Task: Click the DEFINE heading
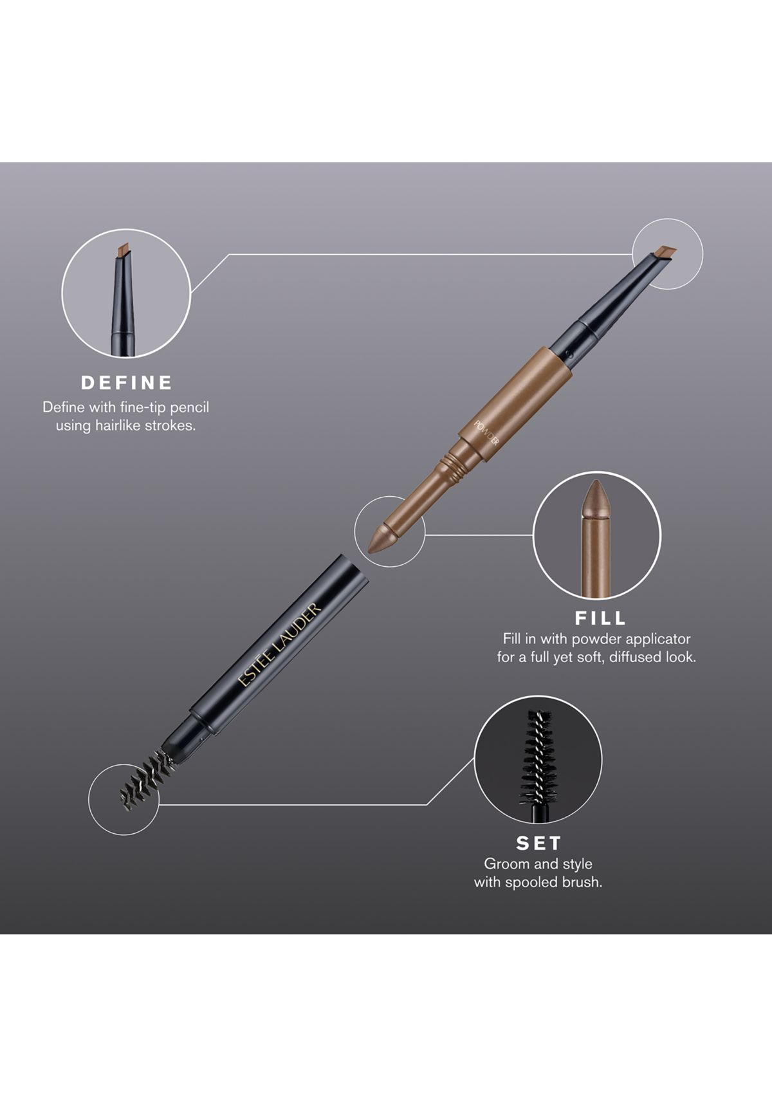tap(127, 383)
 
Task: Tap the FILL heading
tap(600, 618)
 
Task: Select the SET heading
tap(538, 843)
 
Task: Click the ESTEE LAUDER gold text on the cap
tap(279, 645)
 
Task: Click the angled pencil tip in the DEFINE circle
tap(124, 249)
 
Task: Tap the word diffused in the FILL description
tap(639, 658)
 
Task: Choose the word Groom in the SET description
tap(506, 864)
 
